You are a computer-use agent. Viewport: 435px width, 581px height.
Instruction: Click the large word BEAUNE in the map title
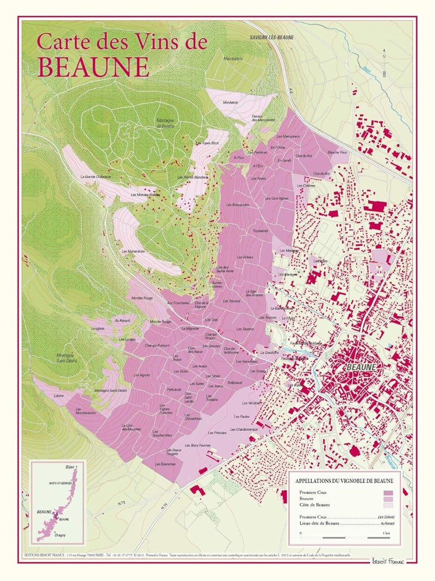click(x=94, y=66)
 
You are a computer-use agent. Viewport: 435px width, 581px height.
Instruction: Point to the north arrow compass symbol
click(x=383, y=66)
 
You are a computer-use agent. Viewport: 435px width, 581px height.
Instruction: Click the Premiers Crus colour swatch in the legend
click(x=388, y=492)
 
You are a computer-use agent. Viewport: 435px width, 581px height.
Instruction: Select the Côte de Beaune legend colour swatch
click(x=388, y=505)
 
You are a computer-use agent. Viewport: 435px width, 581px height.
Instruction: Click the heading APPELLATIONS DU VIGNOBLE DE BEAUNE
click(x=344, y=481)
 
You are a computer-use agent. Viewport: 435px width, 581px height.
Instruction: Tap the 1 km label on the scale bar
click(x=386, y=532)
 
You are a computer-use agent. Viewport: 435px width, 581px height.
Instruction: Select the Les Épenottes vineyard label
click(x=165, y=463)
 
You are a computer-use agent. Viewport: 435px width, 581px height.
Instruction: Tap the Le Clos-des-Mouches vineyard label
click(x=132, y=427)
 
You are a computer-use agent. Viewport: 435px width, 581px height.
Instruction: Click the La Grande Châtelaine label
click(x=95, y=176)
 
